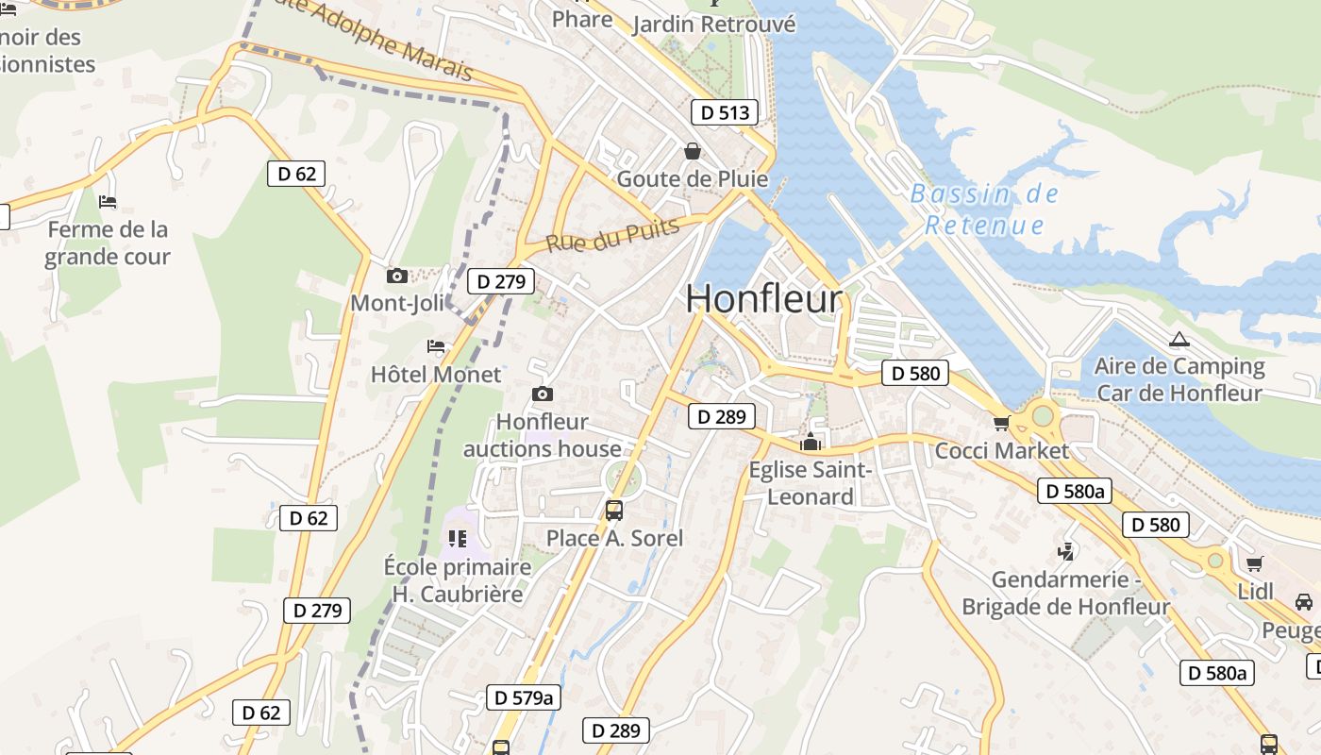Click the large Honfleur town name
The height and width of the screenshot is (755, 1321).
[763, 299]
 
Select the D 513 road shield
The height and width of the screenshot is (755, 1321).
[725, 113]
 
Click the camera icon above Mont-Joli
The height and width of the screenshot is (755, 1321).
[397, 277]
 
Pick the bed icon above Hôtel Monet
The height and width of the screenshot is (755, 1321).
[436, 346]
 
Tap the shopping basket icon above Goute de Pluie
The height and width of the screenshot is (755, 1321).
[693, 151]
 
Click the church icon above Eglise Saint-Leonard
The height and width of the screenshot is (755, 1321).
[810, 442]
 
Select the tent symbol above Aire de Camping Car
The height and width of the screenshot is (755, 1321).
[1178, 340]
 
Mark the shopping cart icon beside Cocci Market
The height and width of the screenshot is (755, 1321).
[1001, 423]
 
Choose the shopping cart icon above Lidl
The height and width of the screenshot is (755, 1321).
[1254, 564]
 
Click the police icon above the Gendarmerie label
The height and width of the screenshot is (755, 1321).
[1066, 551]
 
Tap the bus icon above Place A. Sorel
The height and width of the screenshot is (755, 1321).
[614, 511]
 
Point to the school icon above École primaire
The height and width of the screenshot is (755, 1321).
[458, 539]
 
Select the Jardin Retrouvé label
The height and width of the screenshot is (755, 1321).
[713, 25]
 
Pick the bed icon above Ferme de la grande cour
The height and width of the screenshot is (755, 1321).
[108, 202]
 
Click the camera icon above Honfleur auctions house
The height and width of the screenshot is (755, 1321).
[543, 394]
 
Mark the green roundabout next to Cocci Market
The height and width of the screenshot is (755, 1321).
[1042, 414]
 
